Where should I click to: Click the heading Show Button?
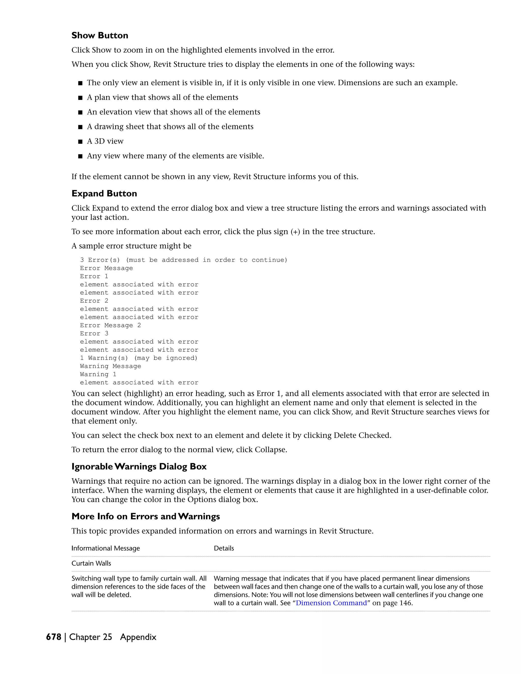click(100, 36)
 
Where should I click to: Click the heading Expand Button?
click(104, 194)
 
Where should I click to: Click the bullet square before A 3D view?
click(80, 142)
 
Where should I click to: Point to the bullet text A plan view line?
click(162, 97)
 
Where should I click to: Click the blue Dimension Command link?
click(331, 603)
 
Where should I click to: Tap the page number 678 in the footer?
click(53, 637)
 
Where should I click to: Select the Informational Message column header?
click(106, 548)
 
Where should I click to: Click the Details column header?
click(224, 548)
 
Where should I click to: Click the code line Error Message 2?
click(110, 325)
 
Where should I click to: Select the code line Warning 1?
click(98, 374)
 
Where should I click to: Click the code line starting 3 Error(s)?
click(183, 260)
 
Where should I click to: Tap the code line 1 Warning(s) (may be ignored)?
click(138, 358)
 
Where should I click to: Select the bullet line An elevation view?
click(173, 112)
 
